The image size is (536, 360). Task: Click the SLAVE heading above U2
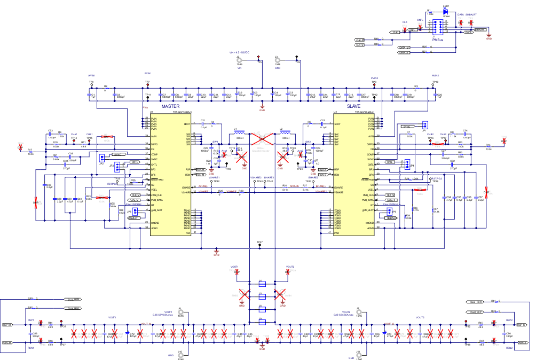point(353,106)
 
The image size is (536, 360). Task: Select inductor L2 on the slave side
point(285,133)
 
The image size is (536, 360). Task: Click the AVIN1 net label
point(91,76)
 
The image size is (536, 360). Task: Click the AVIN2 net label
point(435,76)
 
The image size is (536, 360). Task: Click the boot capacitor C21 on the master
point(203,124)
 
